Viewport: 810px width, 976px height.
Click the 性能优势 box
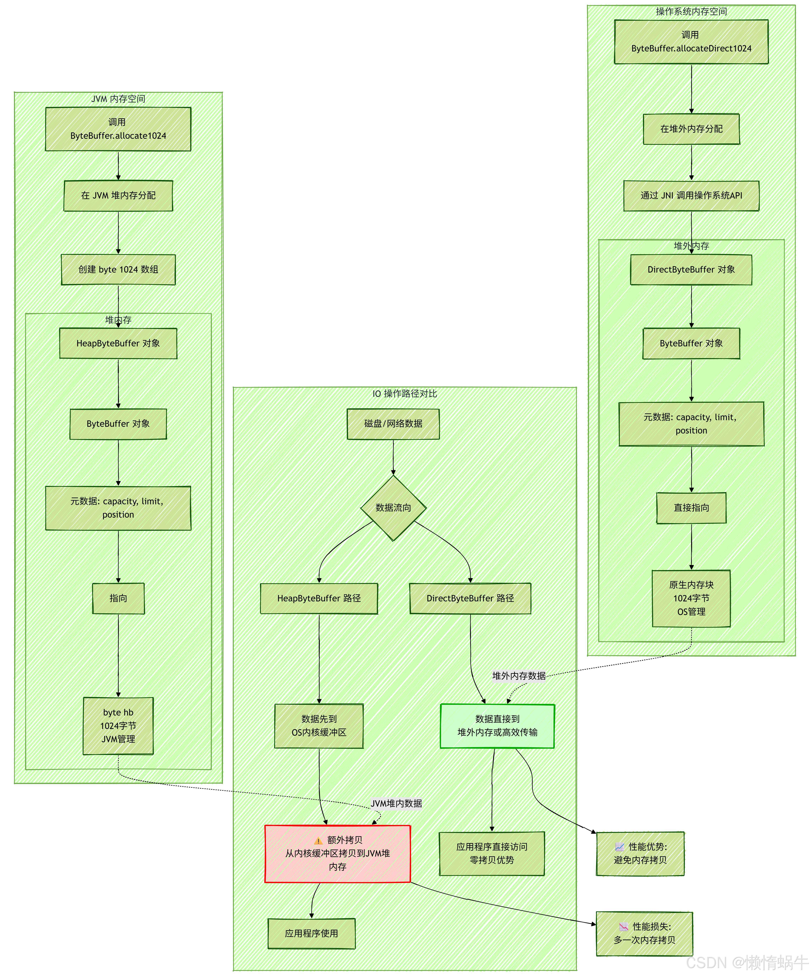(x=640, y=853)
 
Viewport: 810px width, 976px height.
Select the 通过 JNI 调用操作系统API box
(x=691, y=196)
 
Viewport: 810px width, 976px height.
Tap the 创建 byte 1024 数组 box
(x=118, y=270)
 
